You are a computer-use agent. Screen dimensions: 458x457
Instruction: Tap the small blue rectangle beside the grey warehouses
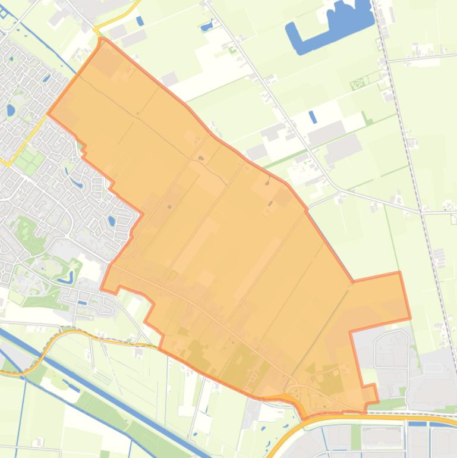tap(313, 117)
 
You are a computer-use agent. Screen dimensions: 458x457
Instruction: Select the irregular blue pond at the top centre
tap(207, 26)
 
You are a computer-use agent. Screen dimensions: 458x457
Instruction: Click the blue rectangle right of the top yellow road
tap(140, 21)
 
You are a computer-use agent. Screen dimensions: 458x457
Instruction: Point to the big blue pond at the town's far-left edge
tap(11, 110)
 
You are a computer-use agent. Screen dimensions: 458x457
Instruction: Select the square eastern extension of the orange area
tap(377, 300)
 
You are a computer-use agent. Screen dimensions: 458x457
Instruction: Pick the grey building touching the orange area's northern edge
tap(169, 78)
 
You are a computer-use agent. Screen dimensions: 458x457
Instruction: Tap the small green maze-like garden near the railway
tap(358, 84)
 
